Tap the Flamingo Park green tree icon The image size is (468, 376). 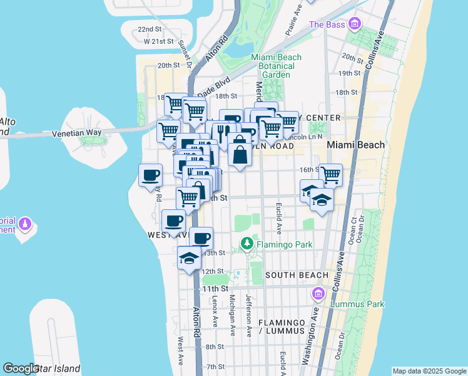click(248, 243)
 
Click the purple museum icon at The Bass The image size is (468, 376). click(355, 24)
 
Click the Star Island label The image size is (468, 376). click(57, 368)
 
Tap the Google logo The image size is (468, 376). click(21, 369)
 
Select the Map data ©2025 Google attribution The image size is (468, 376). click(429, 371)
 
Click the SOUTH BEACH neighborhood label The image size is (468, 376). click(297, 275)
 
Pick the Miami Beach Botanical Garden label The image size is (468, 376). click(276, 66)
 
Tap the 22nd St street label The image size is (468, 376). click(150, 29)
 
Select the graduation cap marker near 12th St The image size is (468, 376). click(189, 258)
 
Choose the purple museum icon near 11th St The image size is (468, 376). click(318, 293)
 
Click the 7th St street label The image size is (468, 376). click(215, 367)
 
